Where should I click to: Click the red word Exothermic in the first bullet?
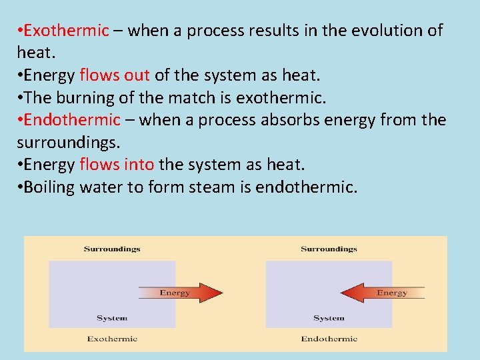pyautogui.click(x=65, y=31)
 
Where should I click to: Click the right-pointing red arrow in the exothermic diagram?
pyautogui.click(x=181, y=293)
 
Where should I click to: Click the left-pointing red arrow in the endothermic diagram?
pyautogui.click(x=383, y=293)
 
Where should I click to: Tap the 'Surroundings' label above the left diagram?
pyautogui.click(x=112, y=249)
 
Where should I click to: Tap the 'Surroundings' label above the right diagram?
pyautogui.click(x=329, y=249)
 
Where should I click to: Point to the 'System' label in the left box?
pyautogui.click(x=112, y=318)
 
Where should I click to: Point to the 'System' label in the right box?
pyautogui.click(x=329, y=318)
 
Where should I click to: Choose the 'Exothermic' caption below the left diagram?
pyautogui.click(x=112, y=339)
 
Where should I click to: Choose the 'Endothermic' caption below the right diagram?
pyautogui.click(x=329, y=339)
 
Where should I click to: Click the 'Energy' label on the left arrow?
pyautogui.click(x=175, y=293)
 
